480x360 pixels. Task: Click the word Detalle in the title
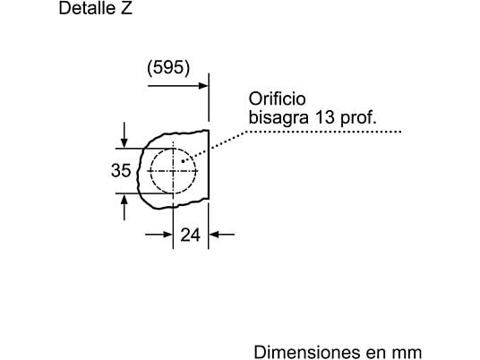tap(86, 8)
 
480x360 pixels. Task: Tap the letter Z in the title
tap(126, 8)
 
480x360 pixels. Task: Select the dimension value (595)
tap(168, 68)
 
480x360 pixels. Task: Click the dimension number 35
tap(121, 170)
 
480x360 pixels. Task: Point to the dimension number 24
tap(191, 236)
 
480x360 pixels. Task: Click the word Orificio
tap(277, 99)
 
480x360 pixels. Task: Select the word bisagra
tap(279, 118)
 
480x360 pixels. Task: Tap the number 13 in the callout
tap(324, 117)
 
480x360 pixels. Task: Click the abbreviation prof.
tap(358, 118)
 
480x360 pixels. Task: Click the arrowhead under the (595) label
tap(203, 86)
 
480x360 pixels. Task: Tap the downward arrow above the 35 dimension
tap(124, 135)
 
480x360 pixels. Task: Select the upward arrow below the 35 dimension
tap(124, 208)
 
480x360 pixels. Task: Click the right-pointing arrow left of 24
tap(159, 235)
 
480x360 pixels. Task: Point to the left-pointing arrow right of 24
tap(222, 235)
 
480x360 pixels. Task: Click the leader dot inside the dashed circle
tap(183, 161)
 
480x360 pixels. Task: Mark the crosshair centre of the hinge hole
tap(173, 171)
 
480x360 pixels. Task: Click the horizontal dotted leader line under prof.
tap(323, 132)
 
